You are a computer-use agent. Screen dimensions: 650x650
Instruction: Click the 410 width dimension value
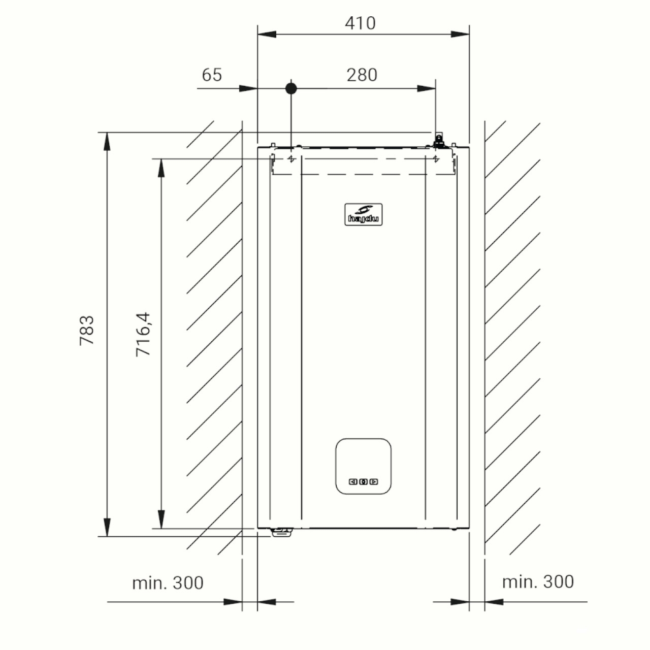point(360,23)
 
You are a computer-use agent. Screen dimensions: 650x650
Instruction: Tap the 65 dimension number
point(212,75)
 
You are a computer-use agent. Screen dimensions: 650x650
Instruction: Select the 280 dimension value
point(362,75)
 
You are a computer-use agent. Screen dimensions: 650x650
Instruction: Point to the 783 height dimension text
point(87,330)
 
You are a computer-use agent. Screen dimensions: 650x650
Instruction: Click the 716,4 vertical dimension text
point(143,334)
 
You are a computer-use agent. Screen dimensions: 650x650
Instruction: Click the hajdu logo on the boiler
point(363,214)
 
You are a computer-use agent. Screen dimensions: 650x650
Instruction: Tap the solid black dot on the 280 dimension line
point(291,89)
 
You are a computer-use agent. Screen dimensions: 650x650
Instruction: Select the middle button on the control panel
point(363,482)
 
